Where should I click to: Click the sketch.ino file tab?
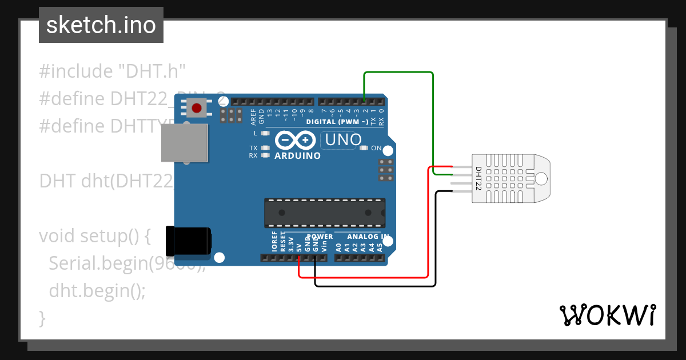101,25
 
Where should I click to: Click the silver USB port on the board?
184,142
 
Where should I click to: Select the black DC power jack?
188,241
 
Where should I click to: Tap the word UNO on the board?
344,139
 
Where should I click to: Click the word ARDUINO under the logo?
297,155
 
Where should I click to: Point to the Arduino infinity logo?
295,140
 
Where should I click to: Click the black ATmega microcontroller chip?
324,212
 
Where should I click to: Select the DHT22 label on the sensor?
478,178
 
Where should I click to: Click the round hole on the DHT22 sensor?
541,179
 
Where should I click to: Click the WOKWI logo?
607,315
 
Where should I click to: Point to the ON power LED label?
376,148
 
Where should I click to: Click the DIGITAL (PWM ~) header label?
337,122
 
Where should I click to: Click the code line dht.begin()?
97,290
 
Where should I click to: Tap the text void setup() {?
94,236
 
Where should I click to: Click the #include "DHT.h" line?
113,71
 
